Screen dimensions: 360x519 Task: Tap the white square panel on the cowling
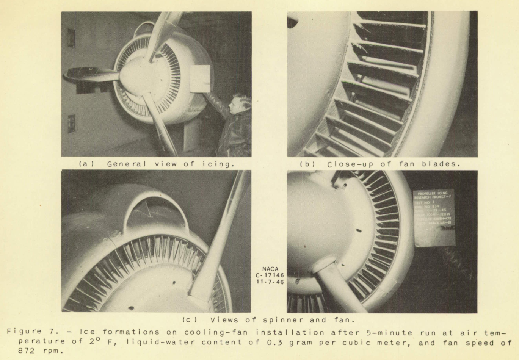tap(200, 78)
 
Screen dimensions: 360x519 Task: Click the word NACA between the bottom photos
tap(270, 269)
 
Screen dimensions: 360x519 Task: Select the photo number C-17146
tap(270, 275)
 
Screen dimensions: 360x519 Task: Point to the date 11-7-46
tap(270, 282)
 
